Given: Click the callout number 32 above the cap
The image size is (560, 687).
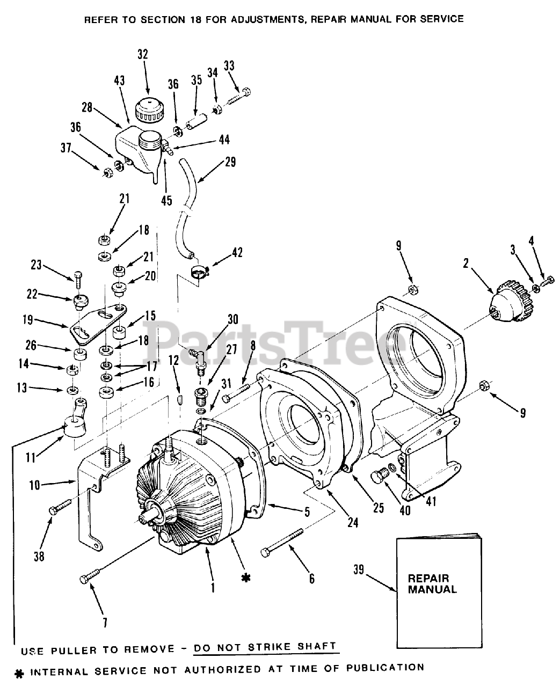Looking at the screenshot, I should click(x=142, y=54).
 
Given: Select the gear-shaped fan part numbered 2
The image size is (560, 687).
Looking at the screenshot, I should click(x=510, y=308).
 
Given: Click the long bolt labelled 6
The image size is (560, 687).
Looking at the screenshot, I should click(x=281, y=543).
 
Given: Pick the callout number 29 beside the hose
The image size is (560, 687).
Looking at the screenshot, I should click(x=230, y=162).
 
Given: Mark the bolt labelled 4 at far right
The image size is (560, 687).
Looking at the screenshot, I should click(x=548, y=279).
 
